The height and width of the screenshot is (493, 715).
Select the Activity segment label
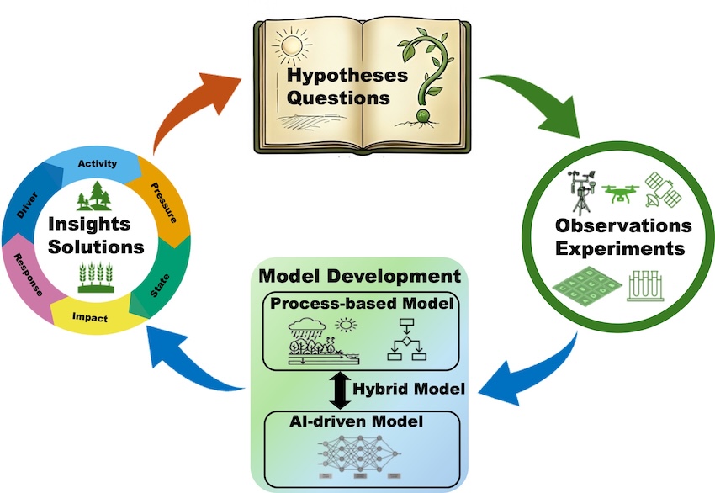(98, 163)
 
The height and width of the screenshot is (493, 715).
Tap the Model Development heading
(360, 276)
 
